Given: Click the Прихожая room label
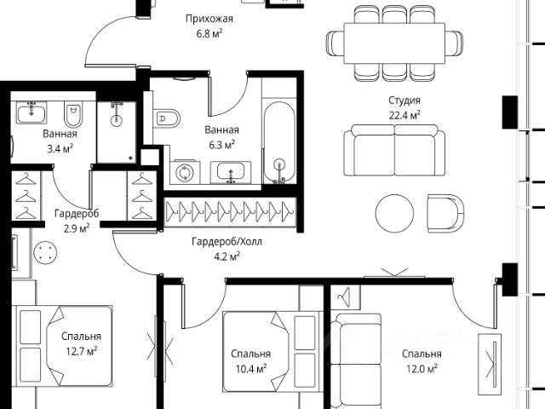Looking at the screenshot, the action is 209,19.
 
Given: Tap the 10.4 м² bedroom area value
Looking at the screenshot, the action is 251,368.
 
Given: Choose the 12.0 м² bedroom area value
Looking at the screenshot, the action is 422,368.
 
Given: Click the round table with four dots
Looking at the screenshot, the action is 44,253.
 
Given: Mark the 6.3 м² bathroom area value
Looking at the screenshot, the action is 221,144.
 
